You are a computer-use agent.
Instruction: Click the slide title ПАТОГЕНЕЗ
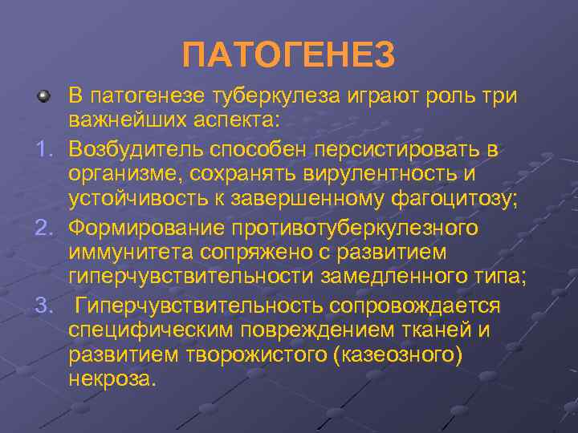[x=289, y=55]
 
